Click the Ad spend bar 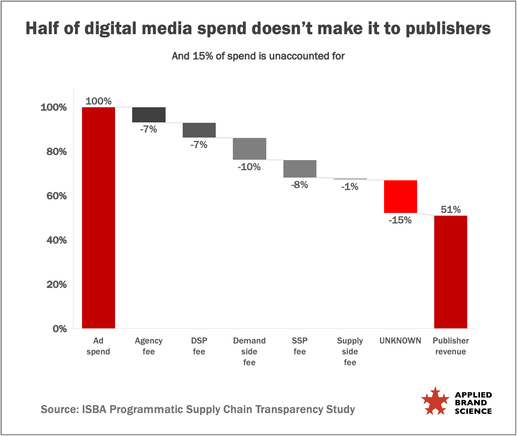click(98, 218)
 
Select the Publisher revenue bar click(451, 272)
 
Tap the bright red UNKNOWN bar click(400, 196)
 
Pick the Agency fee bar click(149, 115)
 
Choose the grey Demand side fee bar click(250, 148)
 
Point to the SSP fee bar click(300, 169)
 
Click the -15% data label click(400, 220)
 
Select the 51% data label click(451, 210)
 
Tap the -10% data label click(249, 167)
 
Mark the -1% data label click(350, 187)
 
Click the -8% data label click(300, 185)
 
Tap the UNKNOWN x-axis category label click(400, 341)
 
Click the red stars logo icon click(435, 401)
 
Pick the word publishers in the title click(448, 29)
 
